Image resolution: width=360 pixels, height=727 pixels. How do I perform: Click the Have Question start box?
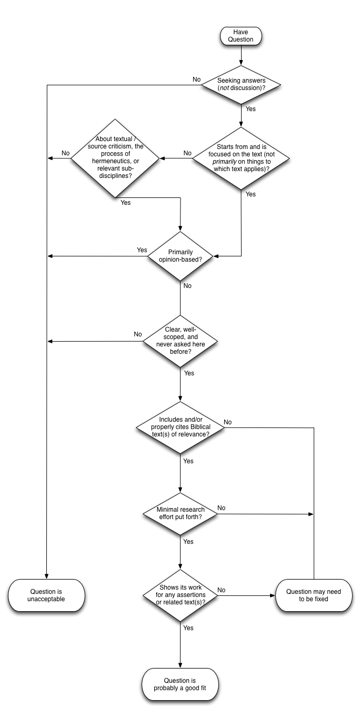(x=241, y=36)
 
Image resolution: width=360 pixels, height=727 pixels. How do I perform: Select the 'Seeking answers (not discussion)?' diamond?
(x=241, y=85)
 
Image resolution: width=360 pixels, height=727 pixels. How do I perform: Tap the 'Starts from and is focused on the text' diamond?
(x=241, y=158)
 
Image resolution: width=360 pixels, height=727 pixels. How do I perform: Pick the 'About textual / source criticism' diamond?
(x=115, y=157)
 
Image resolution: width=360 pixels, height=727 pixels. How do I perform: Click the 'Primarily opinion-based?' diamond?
(x=181, y=256)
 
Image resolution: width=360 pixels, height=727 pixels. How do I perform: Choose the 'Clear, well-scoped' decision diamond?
(x=181, y=341)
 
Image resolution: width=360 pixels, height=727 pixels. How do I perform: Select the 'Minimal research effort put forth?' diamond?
(x=181, y=513)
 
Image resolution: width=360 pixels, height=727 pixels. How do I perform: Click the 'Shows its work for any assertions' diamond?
(x=181, y=595)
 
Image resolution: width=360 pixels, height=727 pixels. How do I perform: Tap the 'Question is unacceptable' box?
(x=46, y=595)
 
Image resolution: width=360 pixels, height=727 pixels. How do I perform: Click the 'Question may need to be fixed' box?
(x=314, y=595)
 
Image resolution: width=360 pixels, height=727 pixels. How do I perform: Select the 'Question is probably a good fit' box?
(x=180, y=684)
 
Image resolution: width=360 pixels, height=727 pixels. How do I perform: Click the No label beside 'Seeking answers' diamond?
(x=197, y=79)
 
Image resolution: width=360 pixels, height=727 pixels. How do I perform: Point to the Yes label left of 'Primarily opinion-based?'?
(x=142, y=250)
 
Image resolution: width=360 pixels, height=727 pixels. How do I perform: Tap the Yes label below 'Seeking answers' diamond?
(x=251, y=109)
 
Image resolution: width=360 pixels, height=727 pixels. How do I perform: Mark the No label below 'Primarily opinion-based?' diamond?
(x=187, y=286)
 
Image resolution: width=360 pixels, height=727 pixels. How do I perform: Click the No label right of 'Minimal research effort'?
(x=222, y=508)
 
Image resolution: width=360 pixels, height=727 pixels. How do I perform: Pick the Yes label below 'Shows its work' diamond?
(x=188, y=628)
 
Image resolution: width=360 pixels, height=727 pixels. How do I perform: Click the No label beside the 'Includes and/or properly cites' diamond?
(x=228, y=422)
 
